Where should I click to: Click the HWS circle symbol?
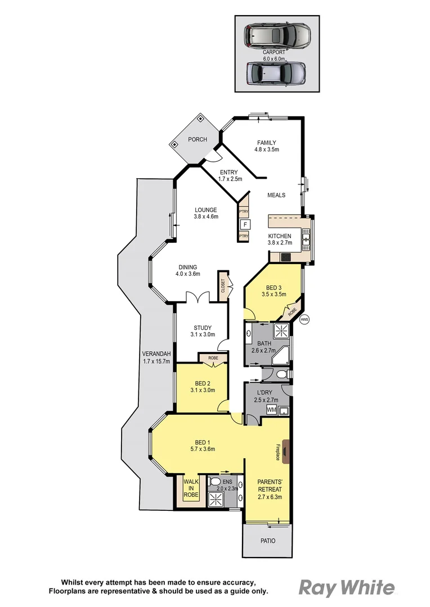click(x=305, y=320)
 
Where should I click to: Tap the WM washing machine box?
click(x=272, y=410)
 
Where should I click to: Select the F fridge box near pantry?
click(x=245, y=224)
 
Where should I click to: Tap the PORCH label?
click(x=197, y=139)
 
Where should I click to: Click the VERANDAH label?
click(x=156, y=354)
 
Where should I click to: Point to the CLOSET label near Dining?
click(x=222, y=287)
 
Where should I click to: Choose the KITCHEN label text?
click(x=279, y=236)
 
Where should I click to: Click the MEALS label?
click(x=276, y=195)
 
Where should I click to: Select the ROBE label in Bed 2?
click(x=213, y=357)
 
